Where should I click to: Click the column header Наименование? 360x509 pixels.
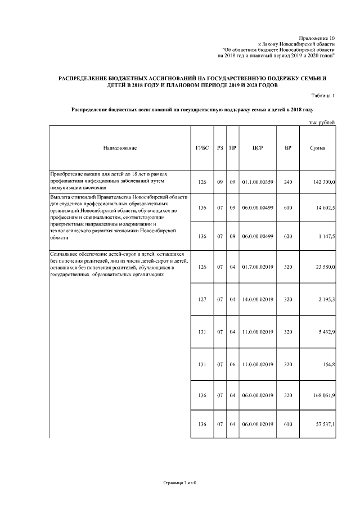(120, 148)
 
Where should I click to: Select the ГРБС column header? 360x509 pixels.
(202, 148)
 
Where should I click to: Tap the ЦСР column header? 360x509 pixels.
(258, 148)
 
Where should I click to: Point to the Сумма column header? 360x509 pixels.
(317, 148)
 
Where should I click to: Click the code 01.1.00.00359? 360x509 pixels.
(258, 182)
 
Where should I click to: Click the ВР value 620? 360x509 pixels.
(288, 236)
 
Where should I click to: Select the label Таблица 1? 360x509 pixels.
(323, 96)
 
